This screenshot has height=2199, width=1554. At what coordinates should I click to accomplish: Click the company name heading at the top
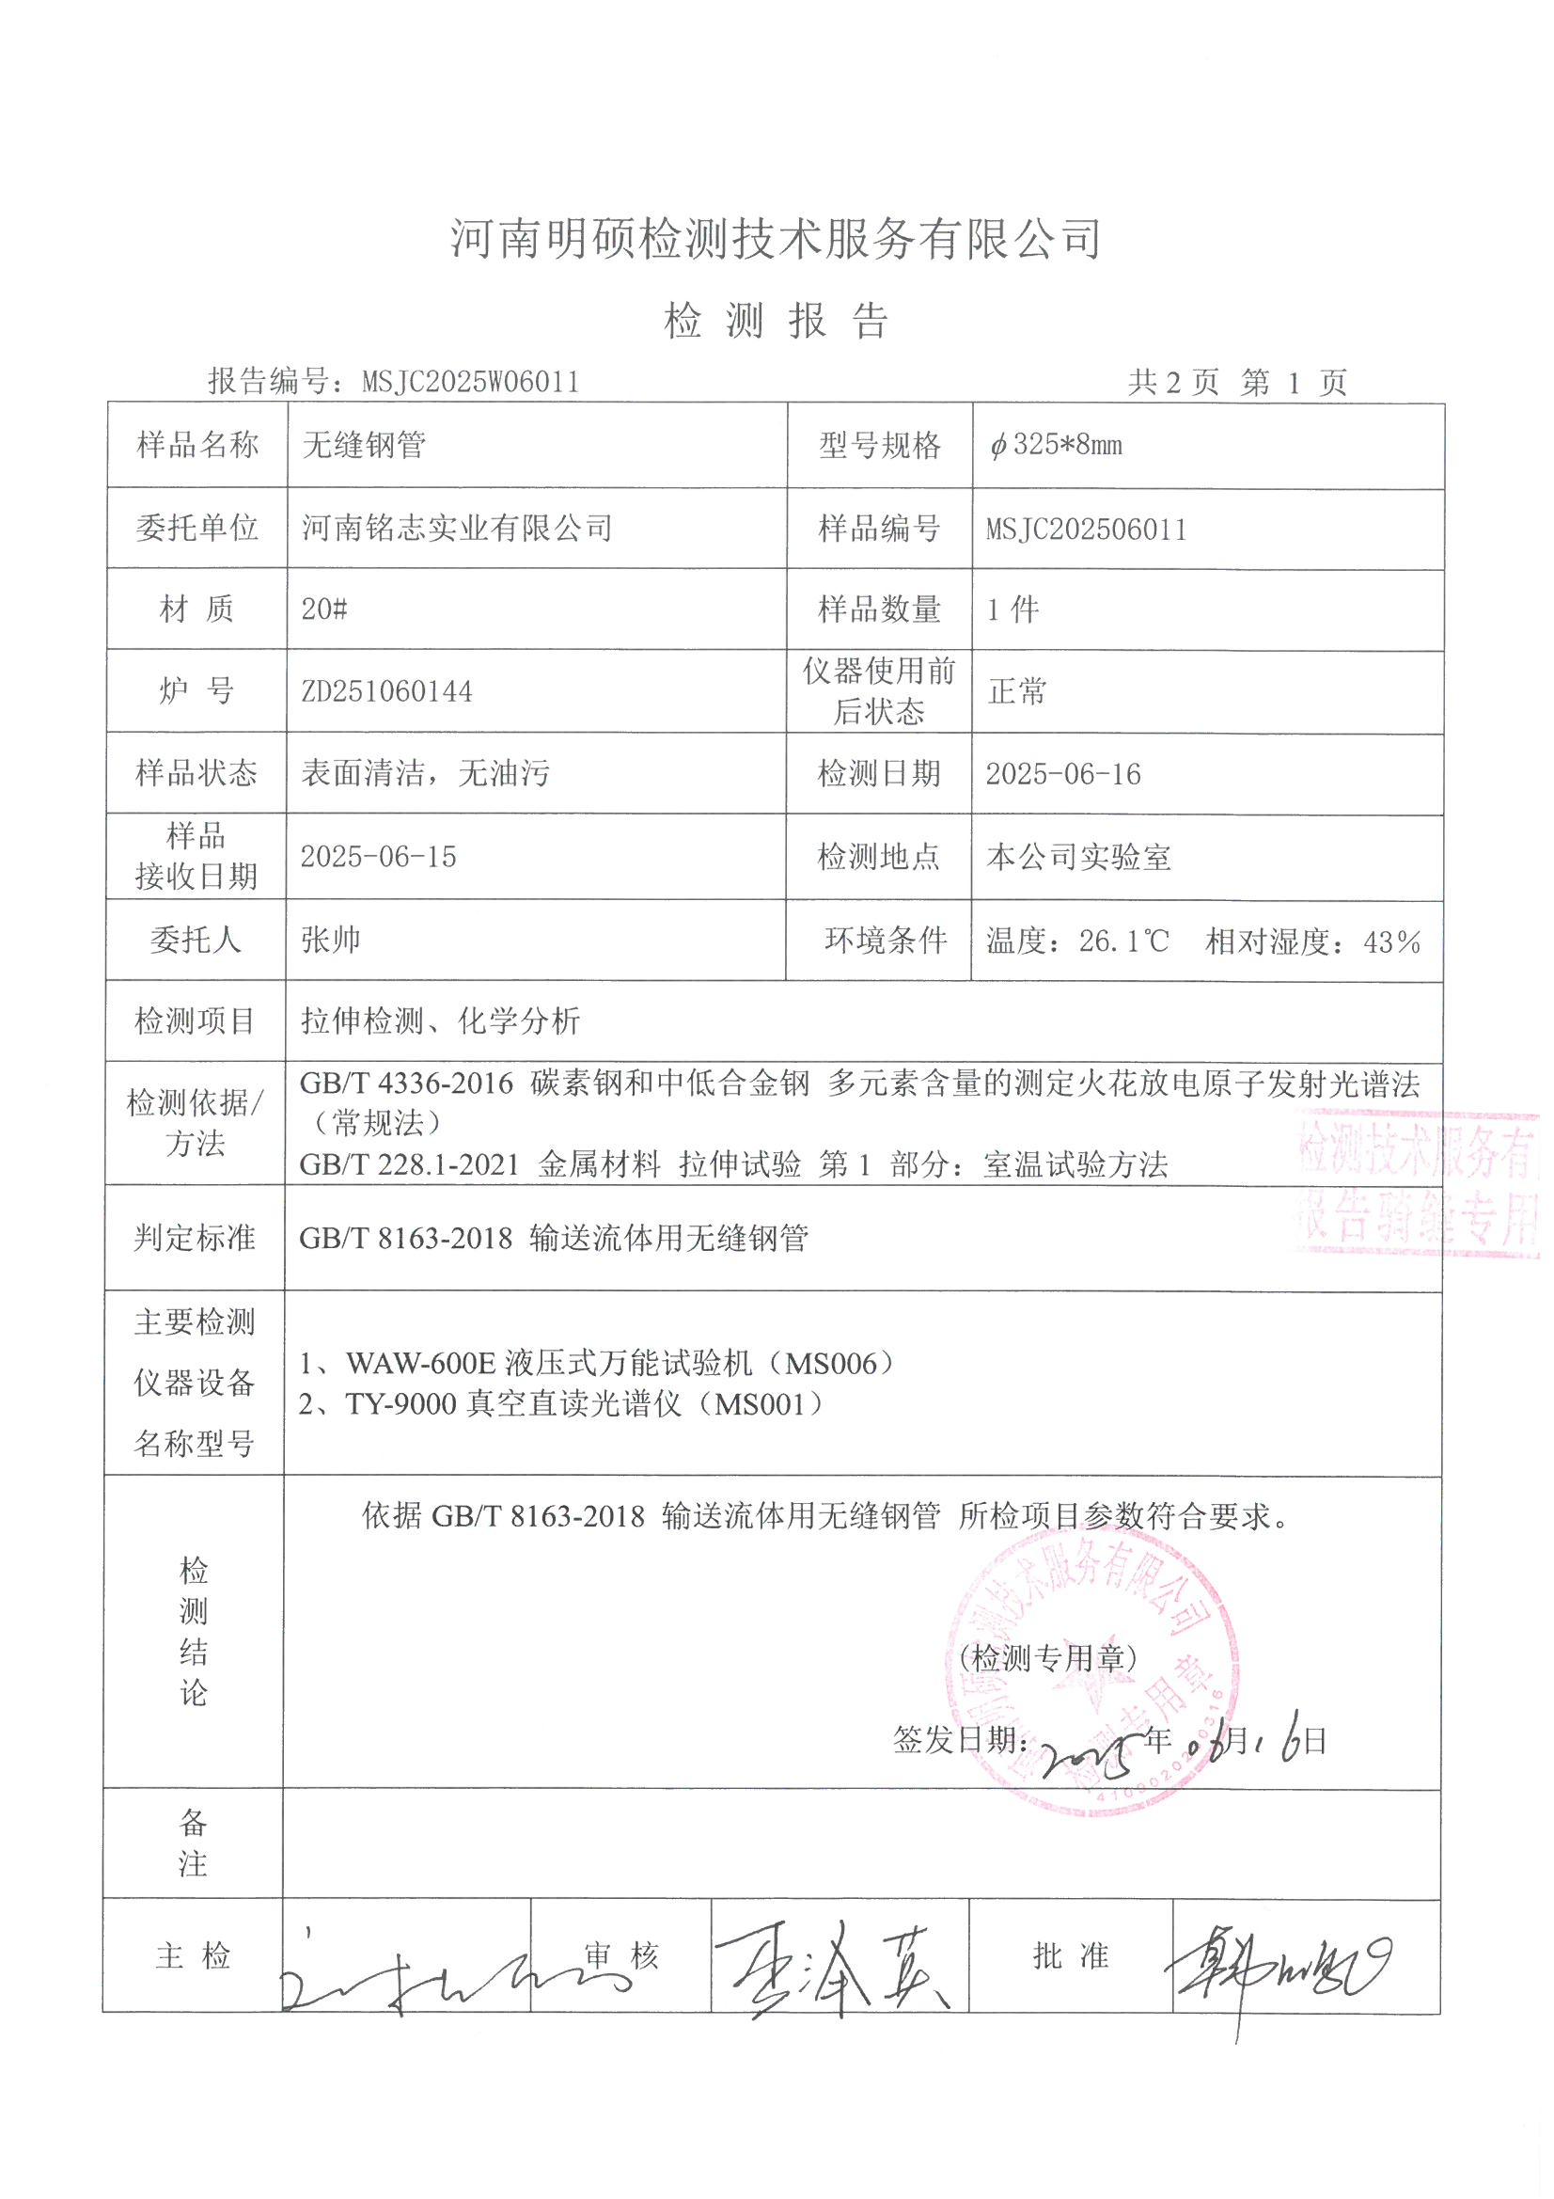point(776,238)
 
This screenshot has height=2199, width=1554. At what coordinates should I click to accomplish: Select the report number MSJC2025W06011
point(470,382)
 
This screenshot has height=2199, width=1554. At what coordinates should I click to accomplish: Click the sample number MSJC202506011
point(1086,529)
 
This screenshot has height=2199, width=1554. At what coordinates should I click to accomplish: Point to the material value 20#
point(323,609)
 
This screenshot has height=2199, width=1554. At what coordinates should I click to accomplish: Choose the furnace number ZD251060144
point(386,690)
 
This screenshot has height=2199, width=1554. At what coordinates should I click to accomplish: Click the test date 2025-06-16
point(1063,774)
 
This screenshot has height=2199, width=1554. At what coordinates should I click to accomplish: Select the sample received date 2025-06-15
point(378,856)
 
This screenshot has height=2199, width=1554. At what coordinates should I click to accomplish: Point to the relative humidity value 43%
point(1392,942)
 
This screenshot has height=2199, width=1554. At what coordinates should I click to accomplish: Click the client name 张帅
point(330,940)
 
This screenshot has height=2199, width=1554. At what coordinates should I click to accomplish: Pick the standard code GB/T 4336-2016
point(406,1084)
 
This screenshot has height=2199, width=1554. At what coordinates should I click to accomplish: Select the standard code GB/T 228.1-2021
point(409,1164)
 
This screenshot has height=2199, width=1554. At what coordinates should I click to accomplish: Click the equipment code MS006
point(832,1363)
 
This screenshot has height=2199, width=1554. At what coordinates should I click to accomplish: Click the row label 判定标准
point(195,1238)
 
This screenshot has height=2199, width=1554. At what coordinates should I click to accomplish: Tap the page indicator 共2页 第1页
point(1237,383)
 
